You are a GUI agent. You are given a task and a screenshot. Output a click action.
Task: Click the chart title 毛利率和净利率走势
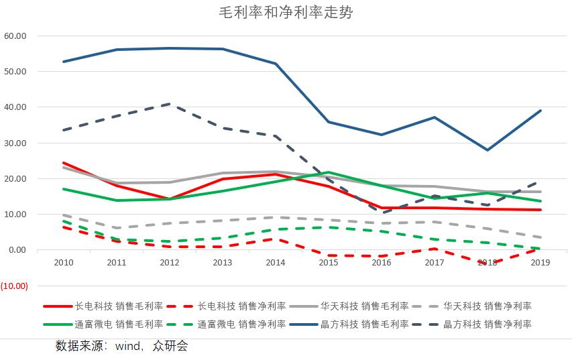click(x=286, y=12)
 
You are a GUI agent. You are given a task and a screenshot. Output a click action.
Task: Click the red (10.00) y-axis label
click(x=14, y=286)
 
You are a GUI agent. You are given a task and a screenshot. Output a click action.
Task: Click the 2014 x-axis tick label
click(x=276, y=263)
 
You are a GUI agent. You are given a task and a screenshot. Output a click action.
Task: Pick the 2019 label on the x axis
click(x=540, y=263)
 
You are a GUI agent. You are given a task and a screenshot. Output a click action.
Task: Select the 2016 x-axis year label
click(x=382, y=263)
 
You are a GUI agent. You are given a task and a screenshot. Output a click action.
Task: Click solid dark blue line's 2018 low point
click(x=488, y=150)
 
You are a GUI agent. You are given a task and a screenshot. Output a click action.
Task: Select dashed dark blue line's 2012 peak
click(x=169, y=104)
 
